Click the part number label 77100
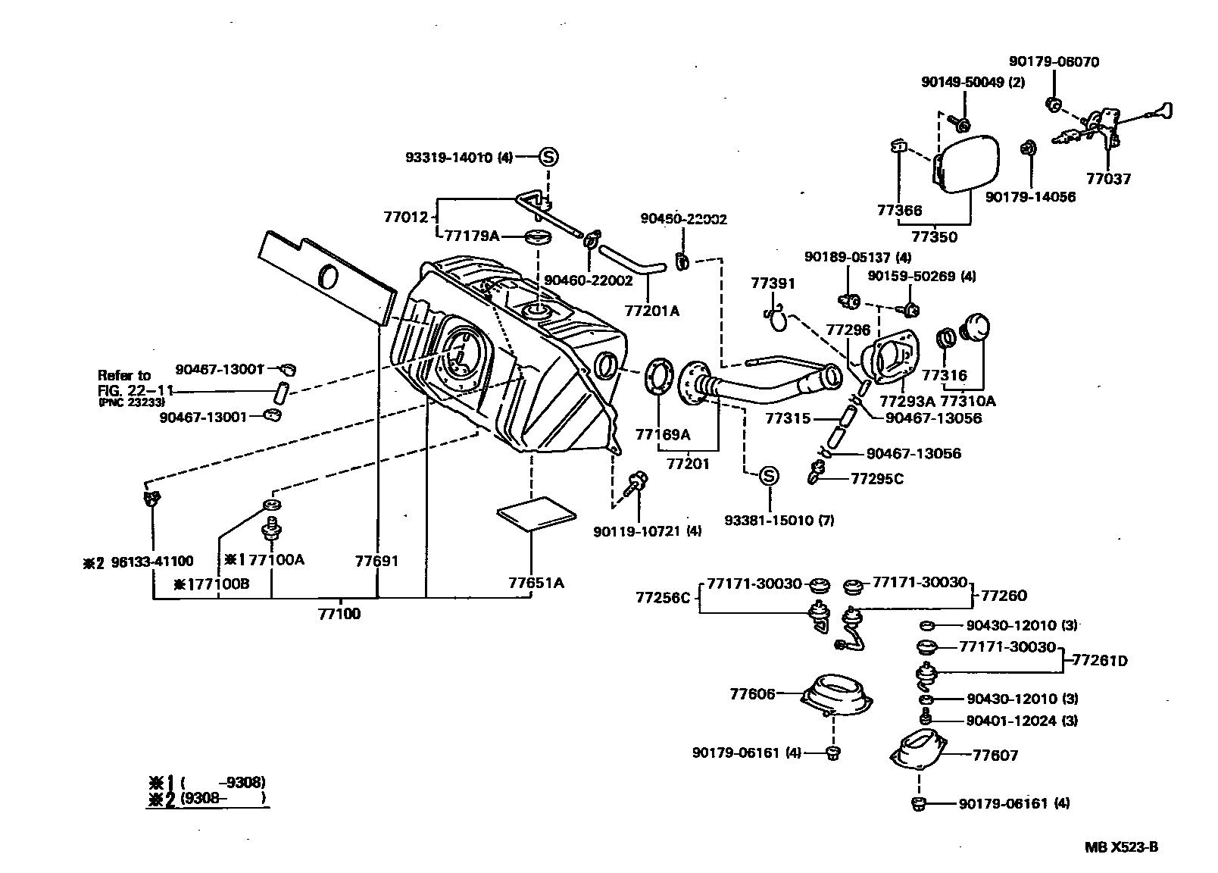tap(339, 614)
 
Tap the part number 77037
tap(1107, 180)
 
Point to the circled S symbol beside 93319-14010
tap(548, 158)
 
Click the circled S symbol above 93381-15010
tap(768, 476)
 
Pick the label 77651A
tap(536, 583)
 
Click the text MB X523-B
tap(1121, 847)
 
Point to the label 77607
tap(995, 755)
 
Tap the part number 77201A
tap(651, 311)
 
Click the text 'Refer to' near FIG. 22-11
tap(124, 375)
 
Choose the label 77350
tap(934, 236)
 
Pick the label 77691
tap(376, 562)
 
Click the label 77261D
tap(1100, 661)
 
